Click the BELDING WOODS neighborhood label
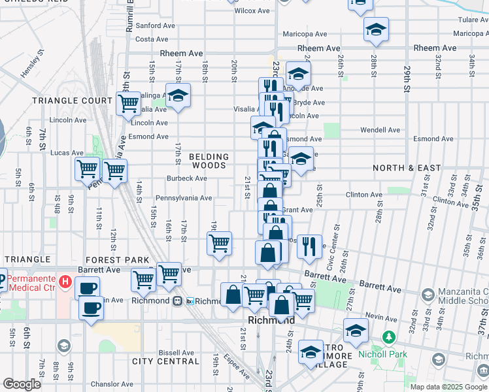click(209, 161)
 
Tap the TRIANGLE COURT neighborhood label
click(73, 101)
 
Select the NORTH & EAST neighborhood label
click(407, 168)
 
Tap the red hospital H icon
click(65, 282)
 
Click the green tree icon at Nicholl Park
click(389, 337)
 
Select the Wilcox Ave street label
click(252, 11)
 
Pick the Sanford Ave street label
click(156, 25)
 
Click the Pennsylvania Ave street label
click(184, 198)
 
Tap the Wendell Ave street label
click(380, 130)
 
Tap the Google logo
click(22, 384)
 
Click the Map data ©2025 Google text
click(448, 387)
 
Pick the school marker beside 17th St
click(177, 95)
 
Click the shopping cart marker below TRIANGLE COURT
click(128, 103)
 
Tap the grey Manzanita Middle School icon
click(428, 295)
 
